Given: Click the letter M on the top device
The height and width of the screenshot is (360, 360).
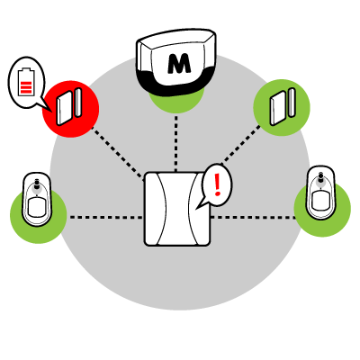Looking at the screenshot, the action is coord(179,64).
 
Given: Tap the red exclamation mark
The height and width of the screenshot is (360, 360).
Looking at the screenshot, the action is coord(217,185).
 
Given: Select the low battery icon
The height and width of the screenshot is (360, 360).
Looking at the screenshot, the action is coord(26,81).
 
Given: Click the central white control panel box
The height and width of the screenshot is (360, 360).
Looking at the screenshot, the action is coord(177,209).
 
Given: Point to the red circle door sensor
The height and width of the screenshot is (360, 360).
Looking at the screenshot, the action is coord(70,109).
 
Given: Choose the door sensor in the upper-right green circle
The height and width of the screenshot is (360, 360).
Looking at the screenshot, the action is coord(283,107).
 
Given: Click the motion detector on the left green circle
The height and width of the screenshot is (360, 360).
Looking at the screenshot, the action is coord(37,199).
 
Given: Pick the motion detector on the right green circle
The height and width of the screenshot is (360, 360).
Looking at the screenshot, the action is coord(320,193).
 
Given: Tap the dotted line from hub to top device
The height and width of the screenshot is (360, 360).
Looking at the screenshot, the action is coord(176,143).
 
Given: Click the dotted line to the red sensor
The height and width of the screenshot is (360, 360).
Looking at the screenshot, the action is coord(118,153).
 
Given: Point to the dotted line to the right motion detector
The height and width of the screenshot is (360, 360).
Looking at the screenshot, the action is coord(254,217).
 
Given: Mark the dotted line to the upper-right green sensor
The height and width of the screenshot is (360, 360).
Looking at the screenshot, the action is coord(240,145).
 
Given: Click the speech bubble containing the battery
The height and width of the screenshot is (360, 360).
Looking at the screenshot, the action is coord(26,83).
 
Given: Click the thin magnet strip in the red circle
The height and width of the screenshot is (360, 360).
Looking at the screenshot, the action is coord(78,103).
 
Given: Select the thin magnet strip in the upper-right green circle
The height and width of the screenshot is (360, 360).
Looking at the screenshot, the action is coord(292,102).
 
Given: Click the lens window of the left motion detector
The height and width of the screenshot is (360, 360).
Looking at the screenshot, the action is coord(38,206).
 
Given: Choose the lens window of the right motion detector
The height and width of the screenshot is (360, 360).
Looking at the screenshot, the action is coord(320,200).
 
